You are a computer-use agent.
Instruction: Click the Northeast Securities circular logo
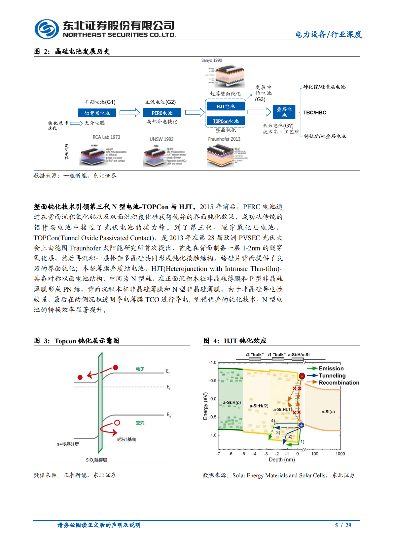point(47,29)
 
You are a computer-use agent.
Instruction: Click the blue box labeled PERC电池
point(162,113)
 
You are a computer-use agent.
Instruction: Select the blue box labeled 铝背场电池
point(97,113)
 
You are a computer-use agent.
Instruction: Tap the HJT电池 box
point(226,106)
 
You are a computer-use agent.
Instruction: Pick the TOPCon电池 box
point(226,121)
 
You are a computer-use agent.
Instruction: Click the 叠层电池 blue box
point(284,112)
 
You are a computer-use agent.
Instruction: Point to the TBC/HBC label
point(314,113)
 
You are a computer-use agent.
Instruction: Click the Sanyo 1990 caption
point(212,60)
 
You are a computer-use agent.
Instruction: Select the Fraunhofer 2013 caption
point(224,139)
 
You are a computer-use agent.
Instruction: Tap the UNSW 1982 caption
point(161,139)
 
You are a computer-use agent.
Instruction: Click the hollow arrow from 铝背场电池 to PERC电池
point(129,113)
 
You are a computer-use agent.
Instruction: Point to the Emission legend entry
point(331,368)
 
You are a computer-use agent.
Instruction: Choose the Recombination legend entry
point(339,383)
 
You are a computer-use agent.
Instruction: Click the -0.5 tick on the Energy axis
point(212,381)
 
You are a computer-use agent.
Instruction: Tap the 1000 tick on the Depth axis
point(340,454)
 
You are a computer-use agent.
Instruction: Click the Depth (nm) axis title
point(281,460)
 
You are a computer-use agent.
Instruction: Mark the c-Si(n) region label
point(328,412)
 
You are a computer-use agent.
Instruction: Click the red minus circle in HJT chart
point(302,376)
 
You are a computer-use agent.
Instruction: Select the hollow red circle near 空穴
point(117,423)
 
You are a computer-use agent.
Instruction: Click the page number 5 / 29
point(343,525)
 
